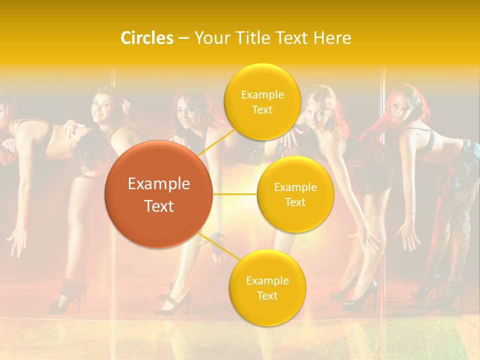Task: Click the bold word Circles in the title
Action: (147, 38)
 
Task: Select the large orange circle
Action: (158, 194)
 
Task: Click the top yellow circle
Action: (262, 101)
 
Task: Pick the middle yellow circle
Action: (295, 194)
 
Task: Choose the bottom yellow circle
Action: (267, 287)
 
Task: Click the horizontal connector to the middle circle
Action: (235, 194)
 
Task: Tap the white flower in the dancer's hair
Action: (126, 105)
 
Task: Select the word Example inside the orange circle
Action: (159, 184)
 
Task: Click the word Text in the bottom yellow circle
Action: (267, 295)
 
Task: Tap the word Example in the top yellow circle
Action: (262, 94)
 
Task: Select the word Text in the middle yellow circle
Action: (295, 202)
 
